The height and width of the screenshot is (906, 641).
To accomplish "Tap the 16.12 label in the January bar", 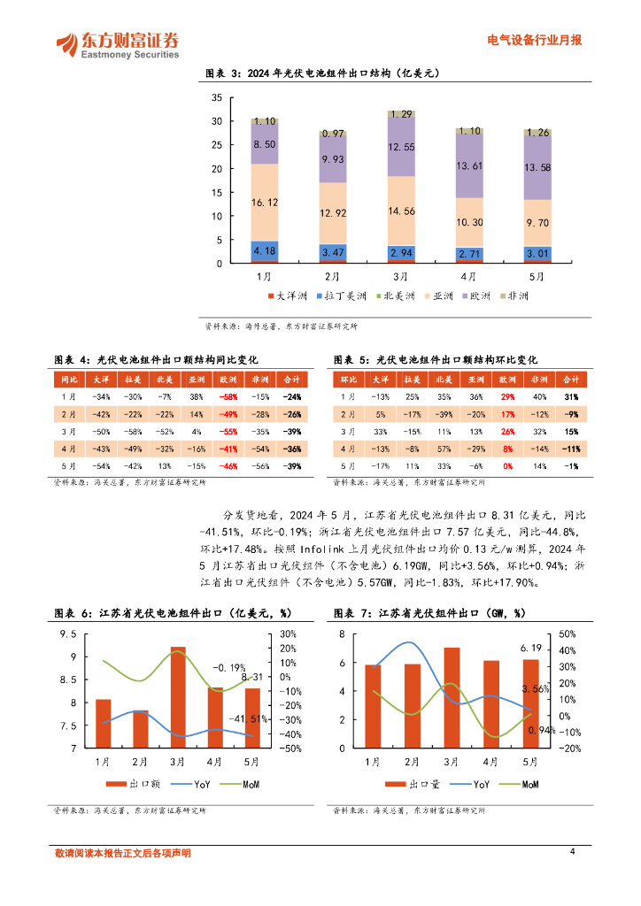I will click(x=265, y=203).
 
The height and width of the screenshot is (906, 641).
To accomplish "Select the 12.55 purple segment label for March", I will click(x=402, y=147).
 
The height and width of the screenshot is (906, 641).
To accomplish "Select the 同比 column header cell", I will click(x=71, y=379).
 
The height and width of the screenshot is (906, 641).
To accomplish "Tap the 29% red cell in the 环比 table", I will click(x=507, y=396).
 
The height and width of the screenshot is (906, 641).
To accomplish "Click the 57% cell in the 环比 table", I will click(x=442, y=449).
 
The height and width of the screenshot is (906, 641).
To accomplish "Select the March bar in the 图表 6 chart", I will click(x=178, y=697).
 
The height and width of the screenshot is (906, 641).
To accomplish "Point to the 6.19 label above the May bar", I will click(x=530, y=649).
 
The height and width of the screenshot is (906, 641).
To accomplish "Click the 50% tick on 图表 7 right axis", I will click(x=568, y=634).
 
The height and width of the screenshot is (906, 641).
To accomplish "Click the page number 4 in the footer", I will click(x=572, y=851).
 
